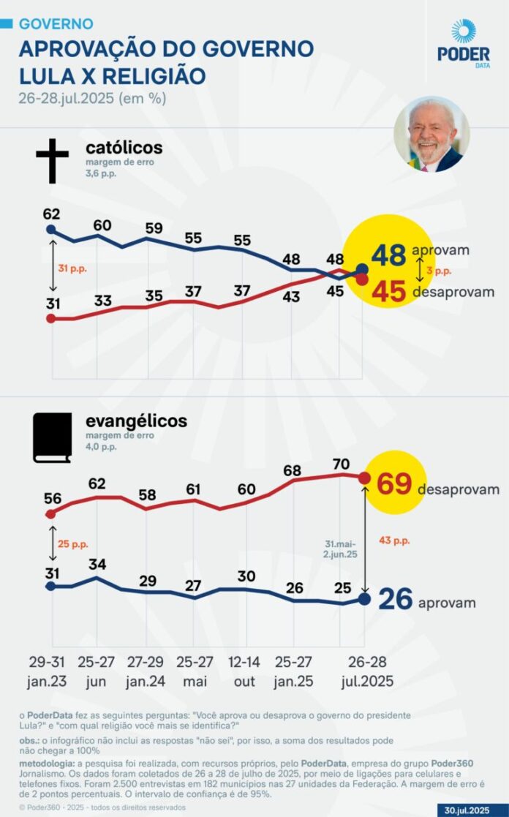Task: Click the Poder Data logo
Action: click(463, 42)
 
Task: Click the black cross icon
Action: click(52, 161)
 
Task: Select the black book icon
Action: click(52, 437)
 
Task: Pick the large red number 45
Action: click(389, 290)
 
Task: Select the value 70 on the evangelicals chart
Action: click(341, 463)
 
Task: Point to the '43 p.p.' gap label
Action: click(394, 540)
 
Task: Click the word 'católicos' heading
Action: click(124, 148)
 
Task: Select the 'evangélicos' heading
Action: click(136, 421)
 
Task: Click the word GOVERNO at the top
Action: click(56, 24)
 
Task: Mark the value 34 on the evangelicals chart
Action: click(97, 564)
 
